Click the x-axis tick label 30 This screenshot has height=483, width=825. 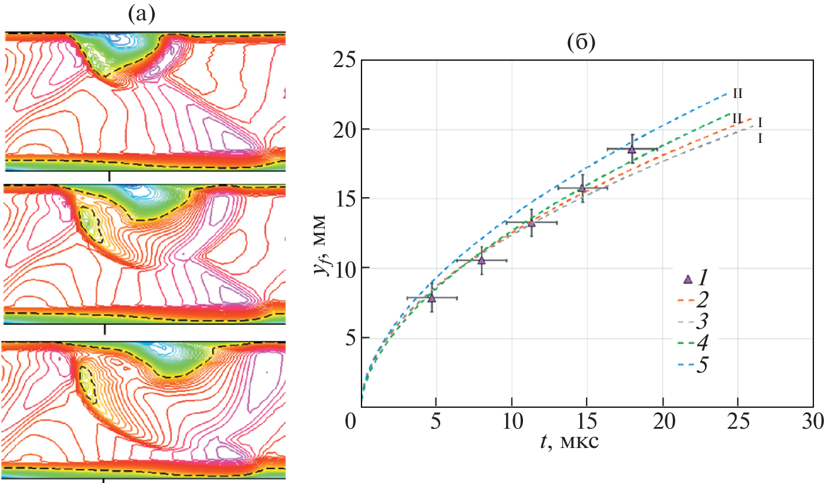(812, 421)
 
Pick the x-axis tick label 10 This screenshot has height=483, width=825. (511, 421)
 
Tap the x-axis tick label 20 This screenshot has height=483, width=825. (662, 421)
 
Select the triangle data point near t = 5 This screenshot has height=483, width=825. (432, 298)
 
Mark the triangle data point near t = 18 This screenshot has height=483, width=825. (632, 149)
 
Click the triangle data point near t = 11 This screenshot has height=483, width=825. (531, 223)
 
